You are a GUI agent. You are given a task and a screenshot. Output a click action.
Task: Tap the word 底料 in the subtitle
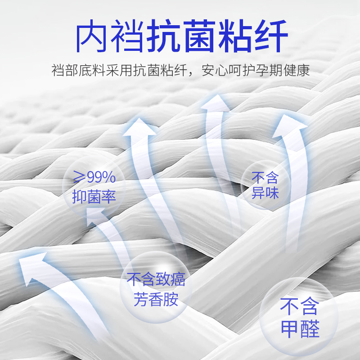click(93, 71)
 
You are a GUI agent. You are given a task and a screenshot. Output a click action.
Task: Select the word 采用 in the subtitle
click(121, 71)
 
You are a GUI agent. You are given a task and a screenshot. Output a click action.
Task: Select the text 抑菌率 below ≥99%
click(94, 197)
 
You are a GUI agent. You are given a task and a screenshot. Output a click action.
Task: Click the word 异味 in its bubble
click(265, 193)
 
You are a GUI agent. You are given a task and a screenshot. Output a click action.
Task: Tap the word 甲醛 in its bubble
click(300, 330)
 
